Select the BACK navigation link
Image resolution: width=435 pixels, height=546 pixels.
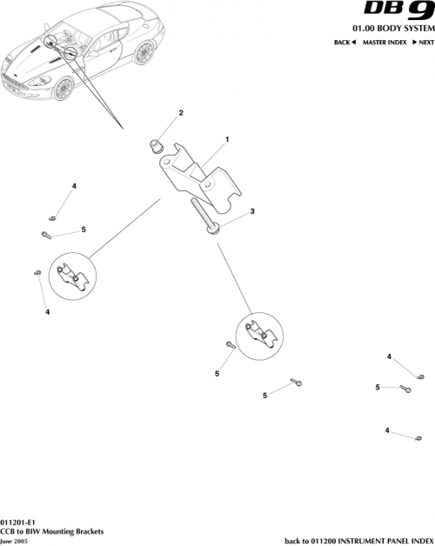[345, 43]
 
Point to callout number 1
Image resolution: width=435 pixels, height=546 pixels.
[227, 139]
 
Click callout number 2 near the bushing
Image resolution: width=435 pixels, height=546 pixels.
[181, 114]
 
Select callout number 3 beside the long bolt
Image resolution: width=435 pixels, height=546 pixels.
[252, 211]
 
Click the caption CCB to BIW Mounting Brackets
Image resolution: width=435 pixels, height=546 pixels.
[52, 529]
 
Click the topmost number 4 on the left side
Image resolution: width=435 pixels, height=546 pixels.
[74, 187]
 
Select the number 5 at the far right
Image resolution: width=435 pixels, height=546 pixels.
[378, 387]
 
